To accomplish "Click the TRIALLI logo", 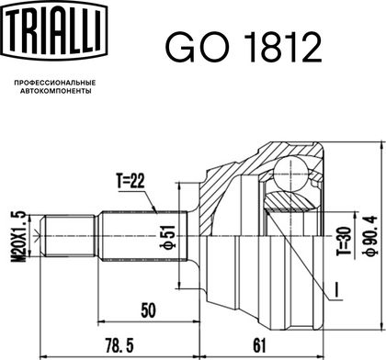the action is coord(54,30).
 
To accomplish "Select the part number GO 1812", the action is coord(244,48).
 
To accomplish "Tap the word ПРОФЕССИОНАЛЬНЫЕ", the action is coord(55,83).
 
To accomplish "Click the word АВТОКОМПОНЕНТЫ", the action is coord(55,91).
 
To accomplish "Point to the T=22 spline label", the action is coord(131,181).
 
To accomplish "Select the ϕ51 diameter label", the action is coord(168,236).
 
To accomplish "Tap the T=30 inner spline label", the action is coord(343,242).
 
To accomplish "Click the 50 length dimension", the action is coord(148,310).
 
